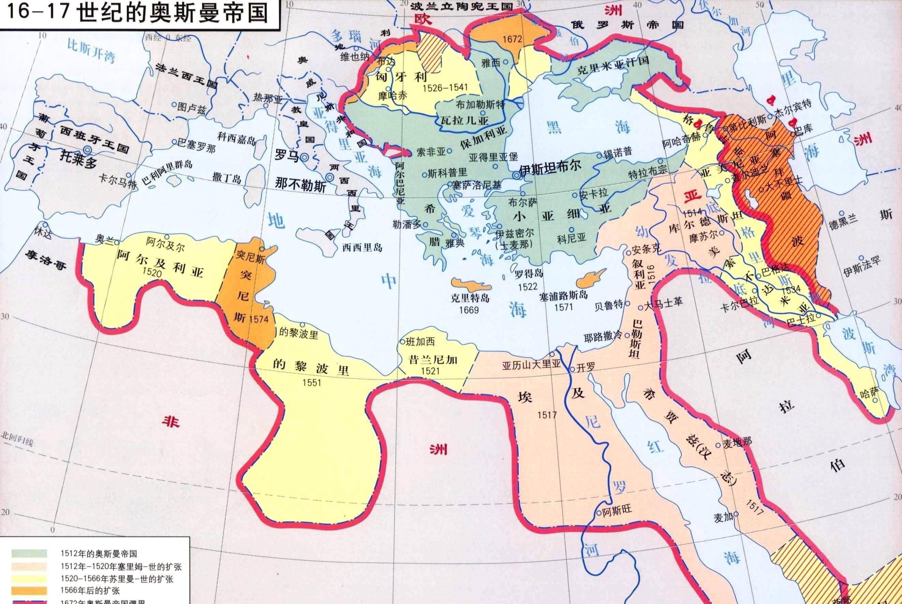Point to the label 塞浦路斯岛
(x=563, y=296)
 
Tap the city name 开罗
(x=586, y=367)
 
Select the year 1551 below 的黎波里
(x=311, y=383)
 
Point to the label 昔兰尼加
(x=433, y=359)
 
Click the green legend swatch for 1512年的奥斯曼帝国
(x=29, y=553)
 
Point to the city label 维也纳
(x=355, y=57)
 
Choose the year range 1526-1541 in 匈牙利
(x=445, y=88)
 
